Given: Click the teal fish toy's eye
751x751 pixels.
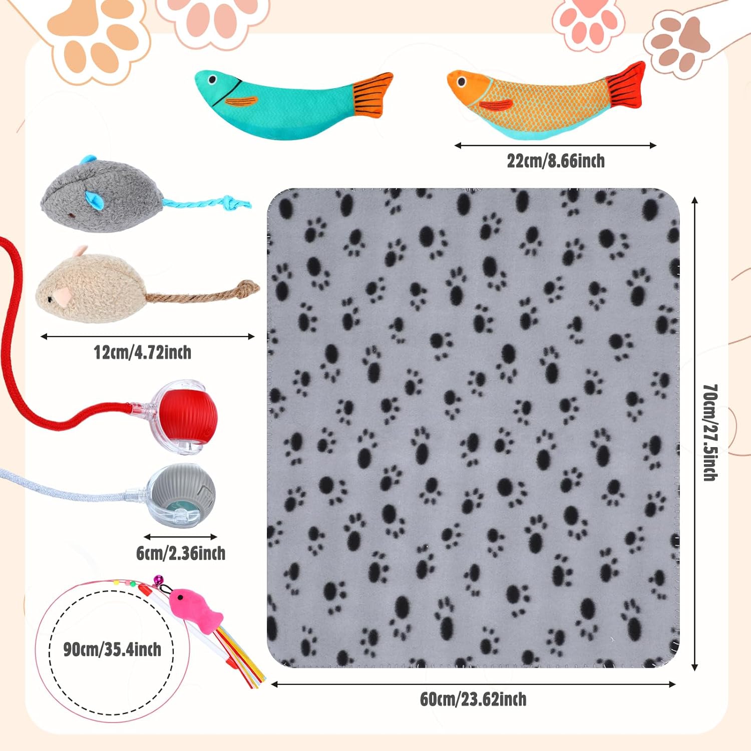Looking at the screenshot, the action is (212, 79).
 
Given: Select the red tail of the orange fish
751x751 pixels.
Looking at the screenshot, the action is (626, 86).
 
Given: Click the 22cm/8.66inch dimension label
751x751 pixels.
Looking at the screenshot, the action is (556, 161).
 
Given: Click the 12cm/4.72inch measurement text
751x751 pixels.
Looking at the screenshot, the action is (143, 352).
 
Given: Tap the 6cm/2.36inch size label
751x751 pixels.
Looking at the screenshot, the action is (181, 553).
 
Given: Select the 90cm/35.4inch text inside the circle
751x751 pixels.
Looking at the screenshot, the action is (112, 650).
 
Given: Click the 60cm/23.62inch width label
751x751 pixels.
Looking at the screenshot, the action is (473, 699).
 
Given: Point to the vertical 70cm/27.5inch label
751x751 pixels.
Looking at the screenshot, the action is (710, 433).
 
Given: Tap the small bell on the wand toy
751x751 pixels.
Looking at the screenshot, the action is (159, 580).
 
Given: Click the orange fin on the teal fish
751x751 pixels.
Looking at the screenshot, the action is (241, 102).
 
